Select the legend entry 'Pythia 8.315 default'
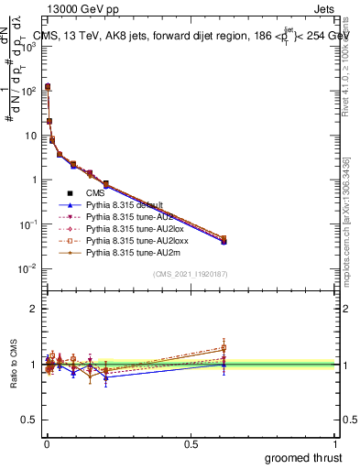[x=125, y=205]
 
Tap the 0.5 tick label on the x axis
[x=191, y=442]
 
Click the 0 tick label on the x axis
[x=46, y=442]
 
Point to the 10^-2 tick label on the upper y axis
[x=27, y=268]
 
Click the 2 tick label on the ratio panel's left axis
[x=33, y=309]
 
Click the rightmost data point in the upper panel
[x=224, y=240]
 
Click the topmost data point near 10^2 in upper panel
[x=48, y=86]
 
